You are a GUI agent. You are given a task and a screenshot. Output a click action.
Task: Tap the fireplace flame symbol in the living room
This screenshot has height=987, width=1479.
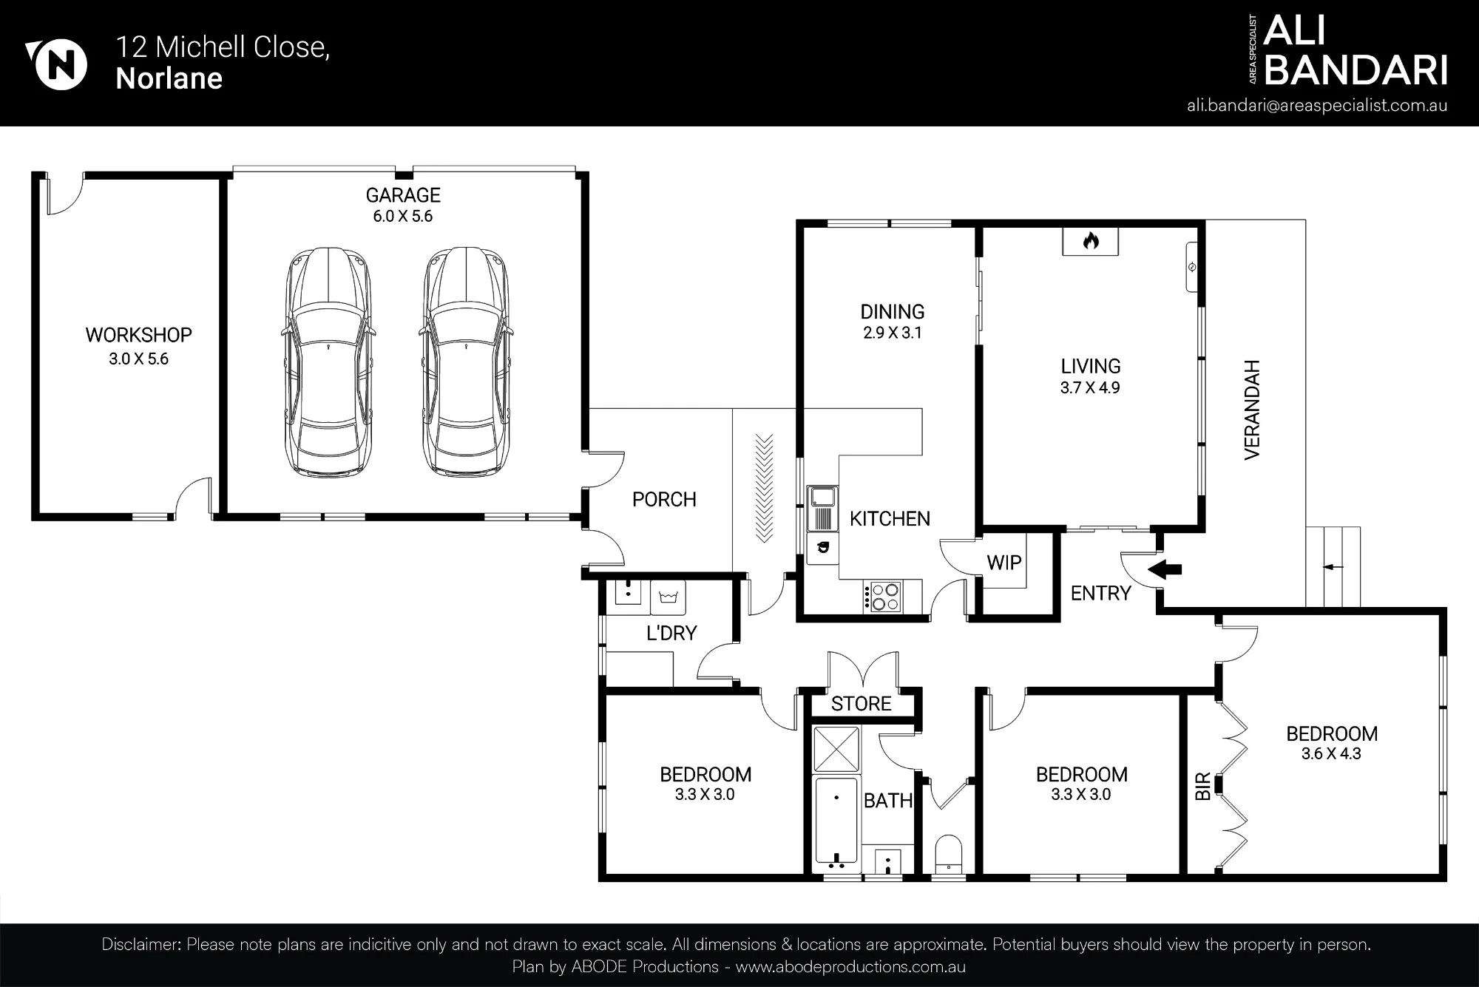click(1090, 241)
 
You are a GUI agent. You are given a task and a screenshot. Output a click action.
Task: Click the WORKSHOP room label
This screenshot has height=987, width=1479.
click(138, 335)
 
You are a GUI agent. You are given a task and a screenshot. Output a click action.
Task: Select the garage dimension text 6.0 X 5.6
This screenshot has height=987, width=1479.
click(403, 217)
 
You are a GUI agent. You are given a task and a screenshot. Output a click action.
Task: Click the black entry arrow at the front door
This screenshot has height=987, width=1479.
click(1164, 569)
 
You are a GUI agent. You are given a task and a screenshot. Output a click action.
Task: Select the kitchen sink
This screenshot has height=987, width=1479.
click(822, 497)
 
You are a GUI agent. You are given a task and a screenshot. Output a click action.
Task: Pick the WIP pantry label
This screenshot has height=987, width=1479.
click(1004, 563)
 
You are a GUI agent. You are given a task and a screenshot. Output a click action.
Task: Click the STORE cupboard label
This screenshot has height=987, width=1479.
click(861, 704)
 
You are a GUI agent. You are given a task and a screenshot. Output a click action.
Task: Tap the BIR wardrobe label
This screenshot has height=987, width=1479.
click(1202, 787)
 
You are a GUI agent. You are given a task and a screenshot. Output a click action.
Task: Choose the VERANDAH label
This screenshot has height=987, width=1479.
click(1251, 410)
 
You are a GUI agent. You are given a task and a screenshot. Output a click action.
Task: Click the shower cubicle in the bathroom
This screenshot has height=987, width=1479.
click(836, 749)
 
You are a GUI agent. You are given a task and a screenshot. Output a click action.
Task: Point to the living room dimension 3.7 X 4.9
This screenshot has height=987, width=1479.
click(1090, 388)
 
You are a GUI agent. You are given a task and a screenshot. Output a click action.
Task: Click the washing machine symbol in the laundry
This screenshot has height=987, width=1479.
click(669, 597)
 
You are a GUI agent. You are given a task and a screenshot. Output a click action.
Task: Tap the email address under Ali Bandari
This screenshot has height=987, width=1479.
click(1317, 106)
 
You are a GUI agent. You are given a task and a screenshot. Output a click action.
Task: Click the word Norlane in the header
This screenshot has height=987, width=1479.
click(169, 79)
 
